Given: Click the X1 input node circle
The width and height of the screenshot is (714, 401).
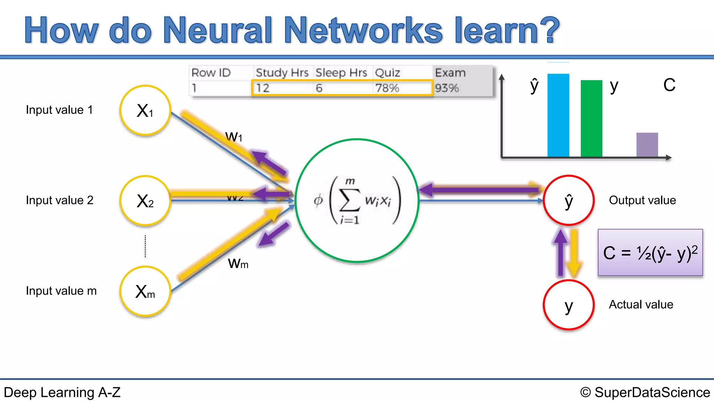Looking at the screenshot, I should (x=145, y=110).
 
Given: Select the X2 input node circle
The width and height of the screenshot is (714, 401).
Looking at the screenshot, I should (x=145, y=201).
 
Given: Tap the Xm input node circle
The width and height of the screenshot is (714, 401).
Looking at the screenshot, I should (x=145, y=291).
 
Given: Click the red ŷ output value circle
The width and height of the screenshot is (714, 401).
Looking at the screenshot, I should (x=569, y=200).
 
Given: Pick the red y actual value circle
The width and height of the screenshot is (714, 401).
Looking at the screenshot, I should (x=569, y=305).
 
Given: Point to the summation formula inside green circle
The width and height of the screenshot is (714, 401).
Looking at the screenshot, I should (x=357, y=200).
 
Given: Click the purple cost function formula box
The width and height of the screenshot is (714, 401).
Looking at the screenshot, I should (x=650, y=253).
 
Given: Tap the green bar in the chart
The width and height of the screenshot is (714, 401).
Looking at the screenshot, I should (x=591, y=118).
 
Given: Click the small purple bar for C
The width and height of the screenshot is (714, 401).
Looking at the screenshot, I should (x=647, y=145).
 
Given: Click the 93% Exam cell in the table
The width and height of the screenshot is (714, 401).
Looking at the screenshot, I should (x=447, y=88).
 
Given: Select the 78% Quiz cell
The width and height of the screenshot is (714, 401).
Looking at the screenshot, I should (x=387, y=88).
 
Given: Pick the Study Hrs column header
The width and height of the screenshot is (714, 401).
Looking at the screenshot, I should (x=282, y=73).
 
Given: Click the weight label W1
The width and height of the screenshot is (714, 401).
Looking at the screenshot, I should (x=234, y=136).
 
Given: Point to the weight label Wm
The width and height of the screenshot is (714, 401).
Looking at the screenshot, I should (x=238, y=264).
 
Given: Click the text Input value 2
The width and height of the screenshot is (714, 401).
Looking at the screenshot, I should (x=60, y=200).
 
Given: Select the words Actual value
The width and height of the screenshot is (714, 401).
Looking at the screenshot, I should (x=641, y=305).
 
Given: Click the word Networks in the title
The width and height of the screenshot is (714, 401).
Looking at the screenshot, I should (x=363, y=31).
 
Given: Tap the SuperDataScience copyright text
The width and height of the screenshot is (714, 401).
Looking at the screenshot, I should (x=645, y=392).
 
